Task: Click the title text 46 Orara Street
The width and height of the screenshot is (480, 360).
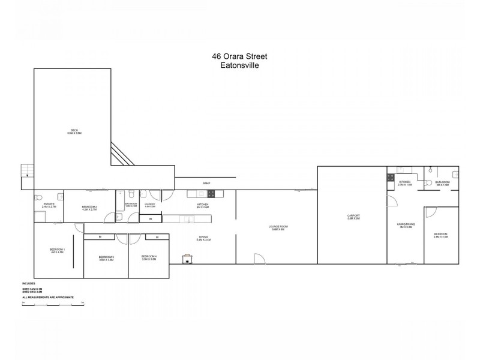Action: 239,56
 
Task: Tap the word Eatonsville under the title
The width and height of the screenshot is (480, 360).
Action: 239,66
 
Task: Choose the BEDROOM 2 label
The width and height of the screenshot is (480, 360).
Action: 89,207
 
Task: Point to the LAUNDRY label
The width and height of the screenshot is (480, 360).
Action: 150,204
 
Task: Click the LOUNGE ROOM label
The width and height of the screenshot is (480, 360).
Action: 280,227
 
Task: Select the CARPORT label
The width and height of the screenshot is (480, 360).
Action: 353,217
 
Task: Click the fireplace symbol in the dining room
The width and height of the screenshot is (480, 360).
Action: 188,259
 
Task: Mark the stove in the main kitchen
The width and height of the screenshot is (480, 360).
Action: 211,193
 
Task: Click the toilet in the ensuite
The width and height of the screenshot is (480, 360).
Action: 58,196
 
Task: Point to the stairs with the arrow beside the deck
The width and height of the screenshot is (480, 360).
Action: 27,170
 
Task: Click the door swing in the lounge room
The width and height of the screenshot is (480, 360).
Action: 258,259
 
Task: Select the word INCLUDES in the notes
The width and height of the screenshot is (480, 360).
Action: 29,283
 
